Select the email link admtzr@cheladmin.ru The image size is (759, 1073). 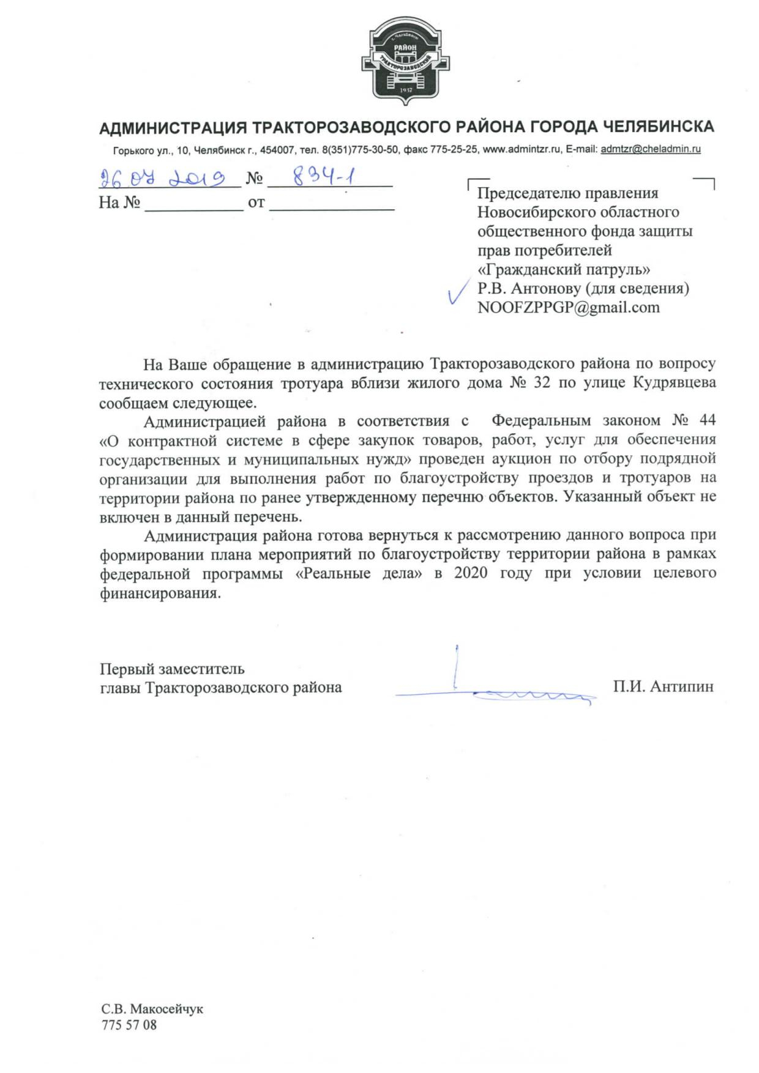click(x=651, y=149)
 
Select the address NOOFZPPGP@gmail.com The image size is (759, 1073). click(x=569, y=307)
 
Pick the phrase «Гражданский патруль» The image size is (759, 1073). click(x=564, y=269)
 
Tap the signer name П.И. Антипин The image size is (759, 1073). click(x=664, y=687)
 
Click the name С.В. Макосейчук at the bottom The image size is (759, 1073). click(x=152, y=1009)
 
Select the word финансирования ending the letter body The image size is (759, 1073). click(x=159, y=593)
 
